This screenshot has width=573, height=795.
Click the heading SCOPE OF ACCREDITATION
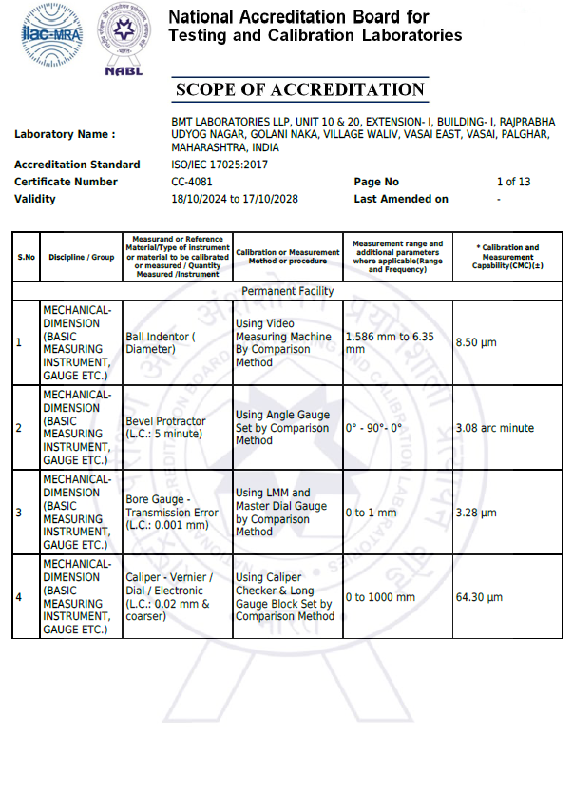pos(300,90)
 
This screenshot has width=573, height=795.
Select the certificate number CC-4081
pos(192,182)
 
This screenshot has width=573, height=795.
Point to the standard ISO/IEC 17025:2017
pos(220,165)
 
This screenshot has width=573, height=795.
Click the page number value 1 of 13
pos(513,182)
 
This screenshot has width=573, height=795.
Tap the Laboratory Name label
pos(65,134)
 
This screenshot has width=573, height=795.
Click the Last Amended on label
pos(401,199)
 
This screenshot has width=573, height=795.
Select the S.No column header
pos(26,257)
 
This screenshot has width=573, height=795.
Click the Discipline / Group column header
pos(82,257)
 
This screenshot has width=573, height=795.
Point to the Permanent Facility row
pos(288,291)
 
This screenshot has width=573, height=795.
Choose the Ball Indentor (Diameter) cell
pos(161,342)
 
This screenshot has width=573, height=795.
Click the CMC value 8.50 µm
pos(476,342)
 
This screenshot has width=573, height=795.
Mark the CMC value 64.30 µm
pos(479,597)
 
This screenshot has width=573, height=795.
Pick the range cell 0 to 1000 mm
pos(380,597)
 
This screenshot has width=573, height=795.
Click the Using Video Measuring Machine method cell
pos(283,342)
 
